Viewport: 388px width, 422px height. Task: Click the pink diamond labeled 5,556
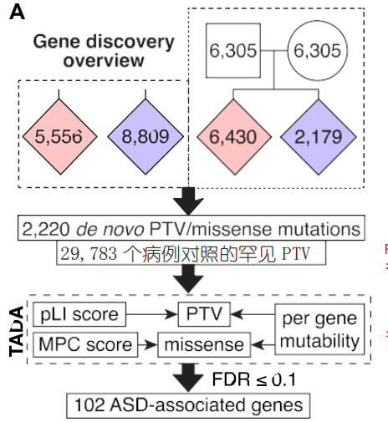[59, 137]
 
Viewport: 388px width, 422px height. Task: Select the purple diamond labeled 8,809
[145, 137]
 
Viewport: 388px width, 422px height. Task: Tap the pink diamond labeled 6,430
[233, 137]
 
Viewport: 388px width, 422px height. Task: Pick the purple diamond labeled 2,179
[319, 137]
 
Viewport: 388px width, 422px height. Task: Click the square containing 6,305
[233, 50]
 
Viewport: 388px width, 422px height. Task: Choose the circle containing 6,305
[318, 50]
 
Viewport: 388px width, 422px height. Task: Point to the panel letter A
[17, 13]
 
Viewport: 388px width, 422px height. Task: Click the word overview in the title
[104, 60]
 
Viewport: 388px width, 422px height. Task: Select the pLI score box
[79, 314]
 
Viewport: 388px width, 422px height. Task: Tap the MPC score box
[85, 344]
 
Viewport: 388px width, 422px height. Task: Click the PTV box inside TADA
[204, 314]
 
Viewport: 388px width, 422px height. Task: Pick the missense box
[204, 344]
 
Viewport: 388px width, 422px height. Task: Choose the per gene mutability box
[319, 329]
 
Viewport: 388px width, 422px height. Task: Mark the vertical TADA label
[16, 331]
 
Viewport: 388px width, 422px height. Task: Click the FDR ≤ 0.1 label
[254, 379]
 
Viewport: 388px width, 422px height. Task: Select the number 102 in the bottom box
[89, 404]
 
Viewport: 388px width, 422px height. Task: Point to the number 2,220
[45, 229]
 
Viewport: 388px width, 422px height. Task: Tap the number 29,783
[89, 253]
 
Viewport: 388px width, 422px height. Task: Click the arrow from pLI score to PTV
[152, 314]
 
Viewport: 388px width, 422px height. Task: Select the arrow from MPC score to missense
[148, 345]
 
